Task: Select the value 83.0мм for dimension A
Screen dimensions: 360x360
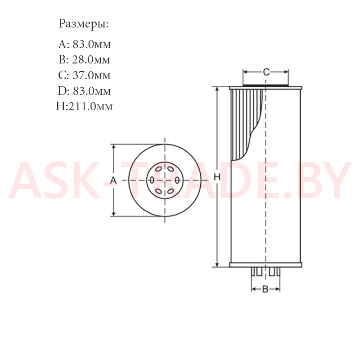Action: [x=92, y=44]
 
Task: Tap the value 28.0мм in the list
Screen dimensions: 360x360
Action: [x=91, y=60]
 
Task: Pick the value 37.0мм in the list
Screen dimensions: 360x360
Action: [x=92, y=75]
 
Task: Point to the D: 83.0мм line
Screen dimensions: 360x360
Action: [x=84, y=91]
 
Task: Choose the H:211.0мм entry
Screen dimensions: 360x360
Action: [x=84, y=107]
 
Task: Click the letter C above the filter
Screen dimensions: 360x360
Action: [x=266, y=72]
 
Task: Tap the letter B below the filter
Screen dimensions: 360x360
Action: [x=265, y=289]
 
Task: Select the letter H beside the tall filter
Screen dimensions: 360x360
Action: [x=217, y=177]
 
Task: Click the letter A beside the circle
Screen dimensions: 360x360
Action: [x=113, y=180]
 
